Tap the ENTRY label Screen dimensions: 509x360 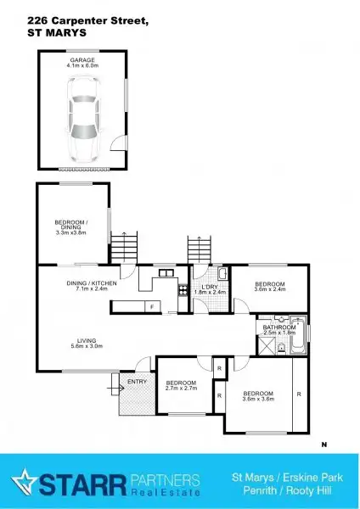pos(136,382)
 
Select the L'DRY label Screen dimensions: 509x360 pos(206,286)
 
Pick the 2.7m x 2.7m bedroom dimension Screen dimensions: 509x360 pos(181,388)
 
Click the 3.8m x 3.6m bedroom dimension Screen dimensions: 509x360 pos(258,399)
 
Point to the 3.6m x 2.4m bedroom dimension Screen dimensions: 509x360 pos(270,290)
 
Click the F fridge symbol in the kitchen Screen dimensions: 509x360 pos(151,306)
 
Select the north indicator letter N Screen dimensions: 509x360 pos(323,444)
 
